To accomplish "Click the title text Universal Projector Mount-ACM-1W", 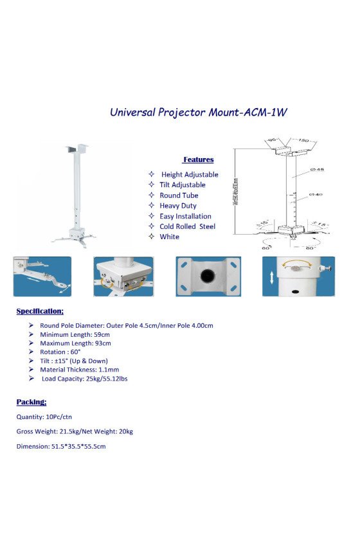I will point(198,111).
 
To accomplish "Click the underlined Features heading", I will point(198,159).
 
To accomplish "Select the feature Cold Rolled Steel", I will point(187,226).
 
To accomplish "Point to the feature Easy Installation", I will point(185,216).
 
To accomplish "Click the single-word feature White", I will point(170,237).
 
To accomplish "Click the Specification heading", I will point(40,311).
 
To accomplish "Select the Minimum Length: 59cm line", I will point(75,334).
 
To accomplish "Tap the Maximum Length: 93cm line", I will point(75,343).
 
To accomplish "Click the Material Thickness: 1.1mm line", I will point(79,370).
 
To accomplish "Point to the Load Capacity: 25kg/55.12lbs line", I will point(84,379).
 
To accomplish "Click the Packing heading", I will point(32,402).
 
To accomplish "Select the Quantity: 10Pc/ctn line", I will point(44,417).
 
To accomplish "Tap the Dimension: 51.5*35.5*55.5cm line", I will point(61,446).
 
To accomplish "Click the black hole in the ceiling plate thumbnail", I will point(208,276).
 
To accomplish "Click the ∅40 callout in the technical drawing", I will point(316,194).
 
